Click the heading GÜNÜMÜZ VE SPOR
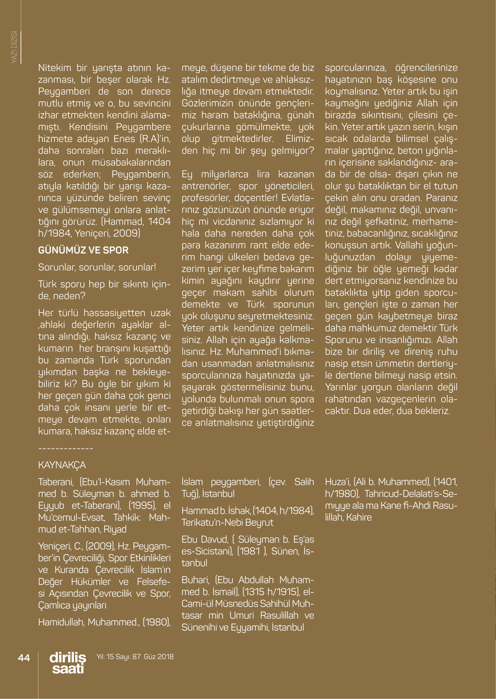pos(83,250)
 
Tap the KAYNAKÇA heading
pos(62,465)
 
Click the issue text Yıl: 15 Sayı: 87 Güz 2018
pos(135,657)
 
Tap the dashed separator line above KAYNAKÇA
pos(66,449)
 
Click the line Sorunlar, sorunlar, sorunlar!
pos(97,267)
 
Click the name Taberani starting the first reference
pos(57,482)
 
